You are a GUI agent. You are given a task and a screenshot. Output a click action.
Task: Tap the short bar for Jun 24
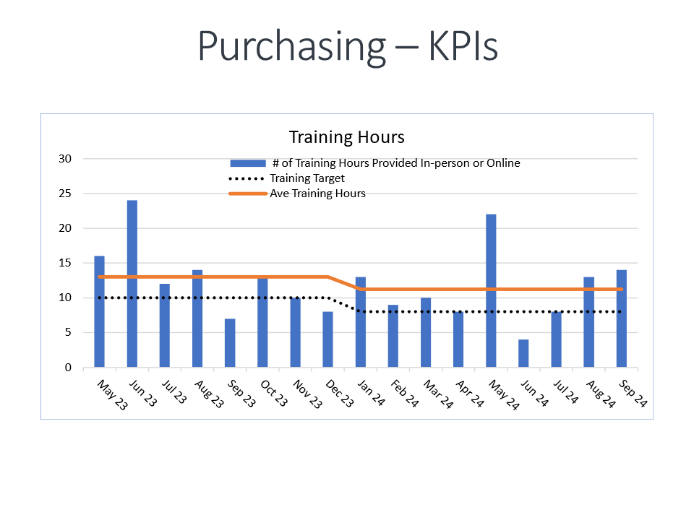tap(523, 353)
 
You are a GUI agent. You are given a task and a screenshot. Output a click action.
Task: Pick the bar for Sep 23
tap(230, 342)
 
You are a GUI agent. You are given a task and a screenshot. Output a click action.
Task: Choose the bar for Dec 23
tap(327, 339)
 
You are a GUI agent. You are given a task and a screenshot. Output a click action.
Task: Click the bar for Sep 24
tap(622, 318)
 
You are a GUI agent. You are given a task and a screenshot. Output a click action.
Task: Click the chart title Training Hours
tap(346, 137)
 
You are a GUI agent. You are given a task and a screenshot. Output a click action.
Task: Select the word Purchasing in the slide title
tap(291, 47)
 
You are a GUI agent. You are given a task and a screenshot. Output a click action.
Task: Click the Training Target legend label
tap(307, 178)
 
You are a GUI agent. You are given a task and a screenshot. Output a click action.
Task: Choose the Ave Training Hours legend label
tap(317, 194)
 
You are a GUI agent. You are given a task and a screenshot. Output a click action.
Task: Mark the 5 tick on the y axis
tap(69, 333)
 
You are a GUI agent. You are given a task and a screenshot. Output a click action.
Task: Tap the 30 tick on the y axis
tap(65, 159)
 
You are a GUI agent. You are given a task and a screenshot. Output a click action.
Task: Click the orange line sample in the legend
tap(247, 194)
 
